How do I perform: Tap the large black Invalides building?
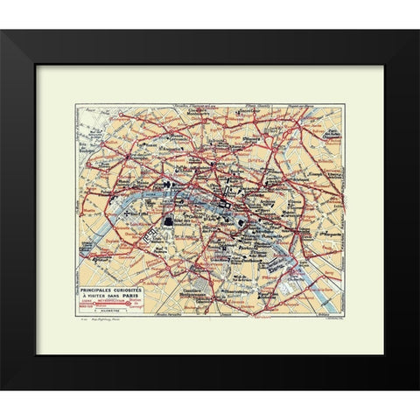click(x=166, y=223)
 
